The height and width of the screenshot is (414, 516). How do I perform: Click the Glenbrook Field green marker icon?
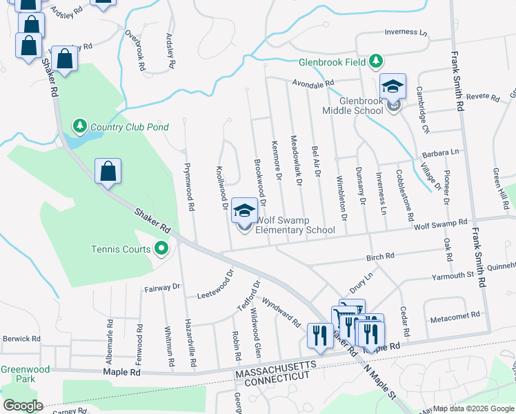tap(376, 62)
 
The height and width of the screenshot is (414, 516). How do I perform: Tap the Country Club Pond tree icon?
tap(81, 126)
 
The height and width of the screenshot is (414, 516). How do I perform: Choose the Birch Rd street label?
tap(380, 256)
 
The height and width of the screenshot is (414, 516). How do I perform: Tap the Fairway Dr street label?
tap(161, 287)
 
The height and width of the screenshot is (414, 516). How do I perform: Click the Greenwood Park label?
tap(25, 374)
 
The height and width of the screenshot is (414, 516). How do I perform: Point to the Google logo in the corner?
tap(23, 406)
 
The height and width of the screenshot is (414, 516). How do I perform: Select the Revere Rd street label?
tap(482, 97)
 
